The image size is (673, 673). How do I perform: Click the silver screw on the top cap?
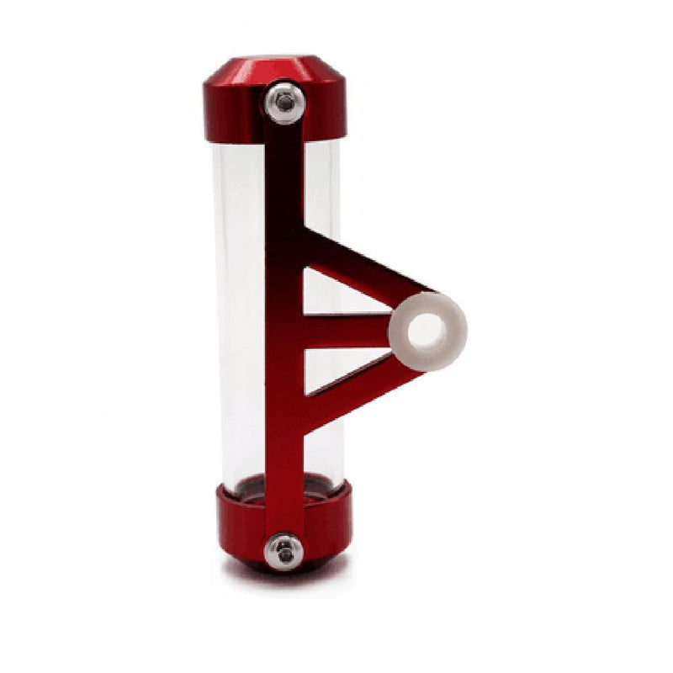[284, 103]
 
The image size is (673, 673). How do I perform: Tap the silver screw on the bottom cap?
[284, 551]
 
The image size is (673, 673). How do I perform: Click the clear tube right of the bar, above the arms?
[321, 185]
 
